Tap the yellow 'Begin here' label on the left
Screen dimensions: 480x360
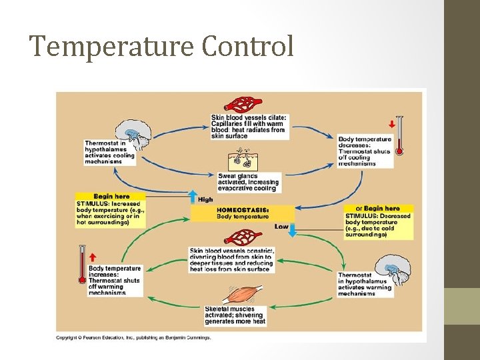[x=111, y=197]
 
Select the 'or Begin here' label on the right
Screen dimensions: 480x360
[x=378, y=209]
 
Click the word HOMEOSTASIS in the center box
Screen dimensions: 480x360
[x=242, y=209]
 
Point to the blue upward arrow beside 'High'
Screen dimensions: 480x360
[x=192, y=197]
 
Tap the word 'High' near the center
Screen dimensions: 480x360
[x=206, y=199]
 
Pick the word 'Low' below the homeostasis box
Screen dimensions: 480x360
[x=282, y=227]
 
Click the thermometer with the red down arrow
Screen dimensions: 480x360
[x=399, y=136]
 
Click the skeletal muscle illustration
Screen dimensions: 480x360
[x=237, y=295]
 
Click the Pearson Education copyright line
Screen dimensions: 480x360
[x=134, y=337]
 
